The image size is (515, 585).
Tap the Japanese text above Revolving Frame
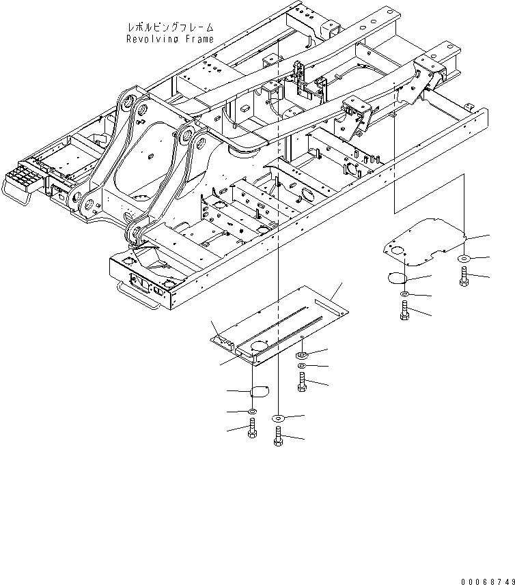pos(170,27)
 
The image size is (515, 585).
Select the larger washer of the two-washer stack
pos(301,356)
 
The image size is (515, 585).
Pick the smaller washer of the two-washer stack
pos(301,367)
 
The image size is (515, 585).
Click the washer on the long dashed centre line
pos(279,417)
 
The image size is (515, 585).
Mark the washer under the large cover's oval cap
pos(252,412)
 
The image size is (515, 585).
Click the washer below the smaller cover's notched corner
pos(464,259)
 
